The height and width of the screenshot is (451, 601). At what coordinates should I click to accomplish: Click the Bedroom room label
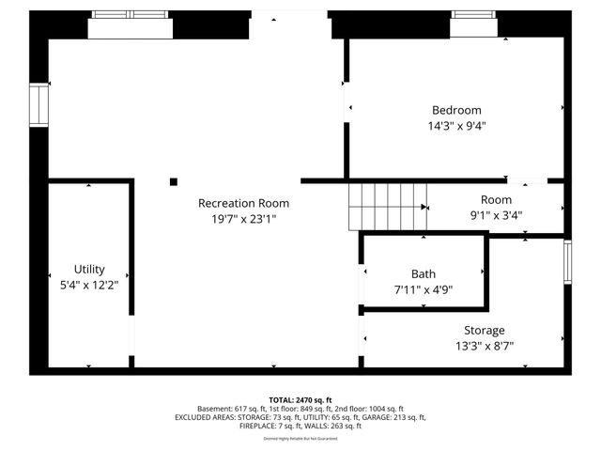coord(456,110)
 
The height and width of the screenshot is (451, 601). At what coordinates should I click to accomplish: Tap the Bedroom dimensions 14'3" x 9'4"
coord(456,125)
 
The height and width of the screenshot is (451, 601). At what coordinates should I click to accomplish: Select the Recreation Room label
coord(243,203)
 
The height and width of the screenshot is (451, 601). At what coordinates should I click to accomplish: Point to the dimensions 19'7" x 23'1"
coord(243,218)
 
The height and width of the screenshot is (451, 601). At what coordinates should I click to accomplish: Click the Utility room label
coord(89,269)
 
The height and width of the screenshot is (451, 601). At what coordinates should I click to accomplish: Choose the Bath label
coord(424,274)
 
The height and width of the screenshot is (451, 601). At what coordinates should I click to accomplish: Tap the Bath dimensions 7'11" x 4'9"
coord(424,289)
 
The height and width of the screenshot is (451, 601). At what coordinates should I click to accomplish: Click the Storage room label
coord(484,330)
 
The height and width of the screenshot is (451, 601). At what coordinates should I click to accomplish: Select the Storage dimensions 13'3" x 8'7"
coord(484,345)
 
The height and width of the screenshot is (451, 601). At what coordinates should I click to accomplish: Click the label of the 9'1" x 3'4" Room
coord(496,199)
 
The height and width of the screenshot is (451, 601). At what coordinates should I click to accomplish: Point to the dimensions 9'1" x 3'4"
coord(496,214)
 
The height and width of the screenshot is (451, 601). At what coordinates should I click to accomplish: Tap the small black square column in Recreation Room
coord(174,181)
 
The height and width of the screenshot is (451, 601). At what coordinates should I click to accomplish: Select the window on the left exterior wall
coord(39,104)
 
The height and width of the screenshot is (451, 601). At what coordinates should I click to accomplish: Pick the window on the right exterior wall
coord(567,261)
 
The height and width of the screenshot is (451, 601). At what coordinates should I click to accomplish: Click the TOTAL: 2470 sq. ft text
coord(300,400)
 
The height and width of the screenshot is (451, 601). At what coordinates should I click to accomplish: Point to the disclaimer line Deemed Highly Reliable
coord(300,438)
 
